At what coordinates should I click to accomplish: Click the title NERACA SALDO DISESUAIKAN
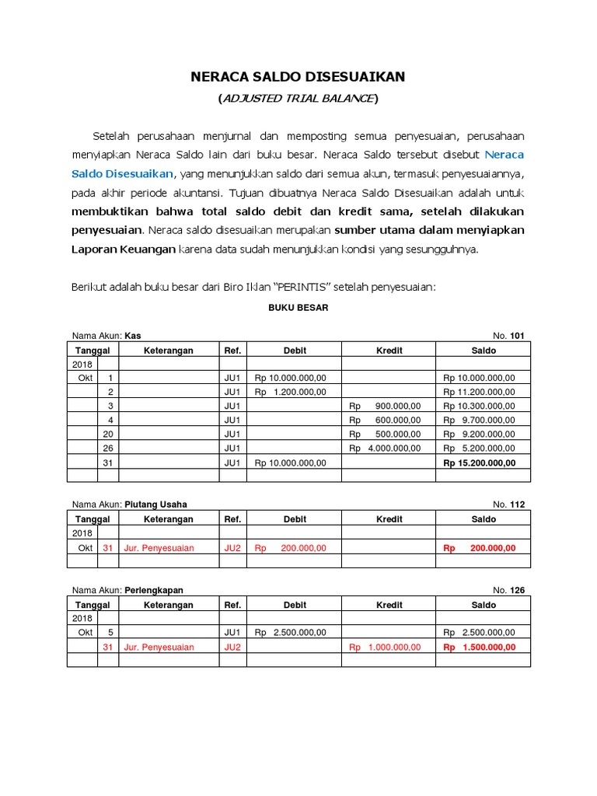click(x=298, y=76)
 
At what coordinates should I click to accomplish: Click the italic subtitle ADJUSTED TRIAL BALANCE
click(x=298, y=98)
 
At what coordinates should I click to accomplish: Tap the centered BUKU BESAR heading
click(x=298, y=308)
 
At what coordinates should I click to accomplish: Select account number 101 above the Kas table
click(x=517, y=336)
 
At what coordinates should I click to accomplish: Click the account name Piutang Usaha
click(x=156, y=504)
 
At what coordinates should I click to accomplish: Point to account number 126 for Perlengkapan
click(x=517, y=591)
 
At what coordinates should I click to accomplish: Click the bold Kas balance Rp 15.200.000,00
click(x=479, y=463)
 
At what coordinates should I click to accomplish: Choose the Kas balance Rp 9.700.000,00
click(x=479, y=420)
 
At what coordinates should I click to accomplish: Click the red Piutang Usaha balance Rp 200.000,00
click(x=479, y=548)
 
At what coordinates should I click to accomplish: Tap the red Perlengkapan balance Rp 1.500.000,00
click(x=479, y=648)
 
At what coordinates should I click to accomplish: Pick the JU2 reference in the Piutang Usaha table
click(x=232, y=548)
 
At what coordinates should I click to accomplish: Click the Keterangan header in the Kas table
click(x=168, y=351)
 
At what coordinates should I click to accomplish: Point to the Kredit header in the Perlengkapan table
click(x=389, y=605)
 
